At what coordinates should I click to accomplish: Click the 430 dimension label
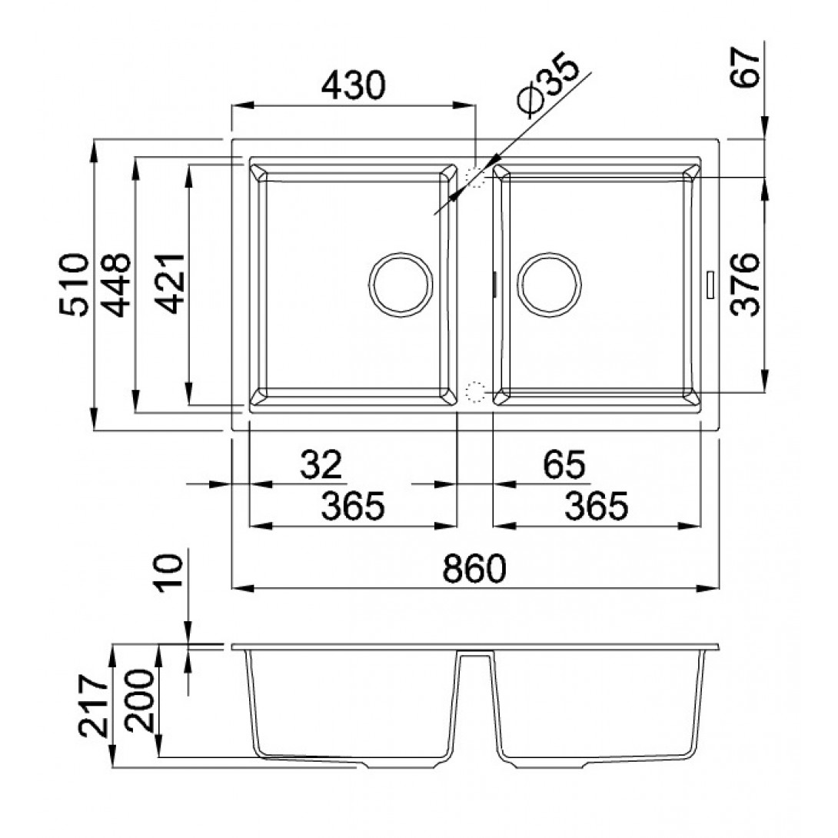353,85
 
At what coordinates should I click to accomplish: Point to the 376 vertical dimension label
745,285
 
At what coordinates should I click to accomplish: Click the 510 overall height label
74,285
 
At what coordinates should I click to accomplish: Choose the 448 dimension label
116,285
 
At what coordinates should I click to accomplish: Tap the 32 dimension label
321,465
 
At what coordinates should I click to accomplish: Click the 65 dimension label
564,465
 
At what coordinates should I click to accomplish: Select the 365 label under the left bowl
353,506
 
